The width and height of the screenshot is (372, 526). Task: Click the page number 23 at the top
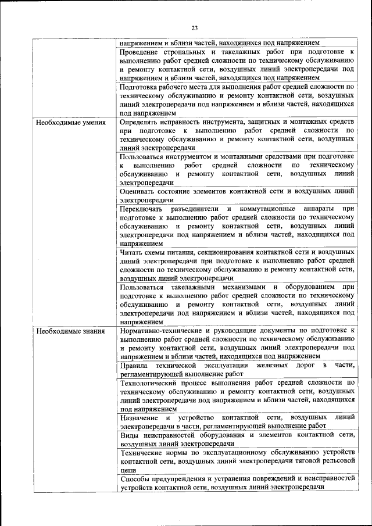pyautogui.click(x=194, y=27)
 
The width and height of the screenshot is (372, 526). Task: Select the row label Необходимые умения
pyautogui.click(x=70, y=123)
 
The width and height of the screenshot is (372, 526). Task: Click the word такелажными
pyautogui.click(x=202, y=287)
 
